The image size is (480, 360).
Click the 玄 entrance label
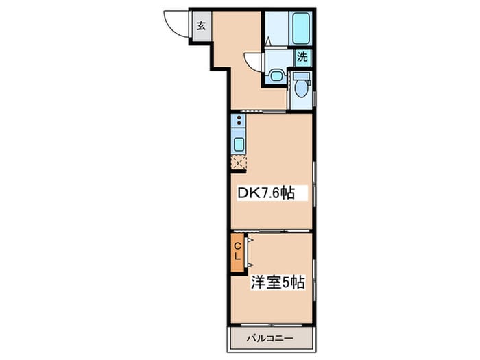click(201, 26)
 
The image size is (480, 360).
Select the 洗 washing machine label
click(302, 57)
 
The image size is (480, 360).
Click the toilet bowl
click(301, 88)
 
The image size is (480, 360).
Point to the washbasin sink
click(276, 75)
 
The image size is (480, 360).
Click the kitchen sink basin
click(239, 144)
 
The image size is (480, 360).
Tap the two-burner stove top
click(239, 120)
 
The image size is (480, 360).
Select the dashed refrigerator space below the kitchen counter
click(239, 163)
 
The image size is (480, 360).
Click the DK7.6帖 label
click(266, 193)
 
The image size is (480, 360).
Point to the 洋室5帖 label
click(278, 283)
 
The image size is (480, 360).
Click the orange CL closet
click(237, 252)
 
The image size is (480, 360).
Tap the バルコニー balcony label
click(270, 339)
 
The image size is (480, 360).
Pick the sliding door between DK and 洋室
click(271, 231)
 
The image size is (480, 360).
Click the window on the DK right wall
click(314, 184)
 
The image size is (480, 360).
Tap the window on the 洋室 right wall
click(314, 280)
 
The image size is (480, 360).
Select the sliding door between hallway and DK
click(263, 111)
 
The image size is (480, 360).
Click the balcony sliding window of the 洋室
click(271, 325)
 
